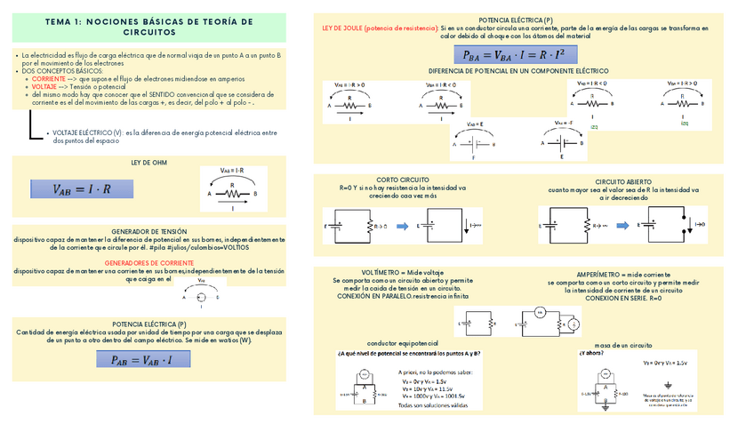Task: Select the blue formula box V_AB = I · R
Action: tap(81, 188)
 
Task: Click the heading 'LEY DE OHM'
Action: tap(148, 163)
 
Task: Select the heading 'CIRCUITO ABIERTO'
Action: tap(624, 181)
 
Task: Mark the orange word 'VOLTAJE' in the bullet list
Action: tap(44, 86)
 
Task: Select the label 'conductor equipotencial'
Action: tap(403, 343)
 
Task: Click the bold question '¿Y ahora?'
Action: tap(591, 352)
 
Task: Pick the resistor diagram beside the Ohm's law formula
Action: tap(232, 188)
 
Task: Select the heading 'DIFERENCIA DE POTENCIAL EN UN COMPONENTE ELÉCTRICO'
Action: tap(518, 69)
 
